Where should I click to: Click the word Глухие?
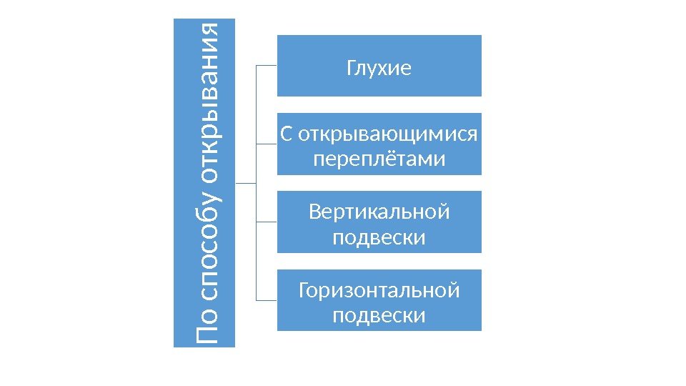379,69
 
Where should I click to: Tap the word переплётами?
379,159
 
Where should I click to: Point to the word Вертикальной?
379,212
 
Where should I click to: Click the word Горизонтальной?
379,291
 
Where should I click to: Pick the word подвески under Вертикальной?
379,237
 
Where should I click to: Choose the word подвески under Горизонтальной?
379,315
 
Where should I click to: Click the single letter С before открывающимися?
286,134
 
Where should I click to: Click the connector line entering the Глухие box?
267,65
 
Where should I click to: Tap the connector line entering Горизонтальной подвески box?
267,300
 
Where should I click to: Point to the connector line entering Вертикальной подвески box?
267,222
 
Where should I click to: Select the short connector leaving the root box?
245,182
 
